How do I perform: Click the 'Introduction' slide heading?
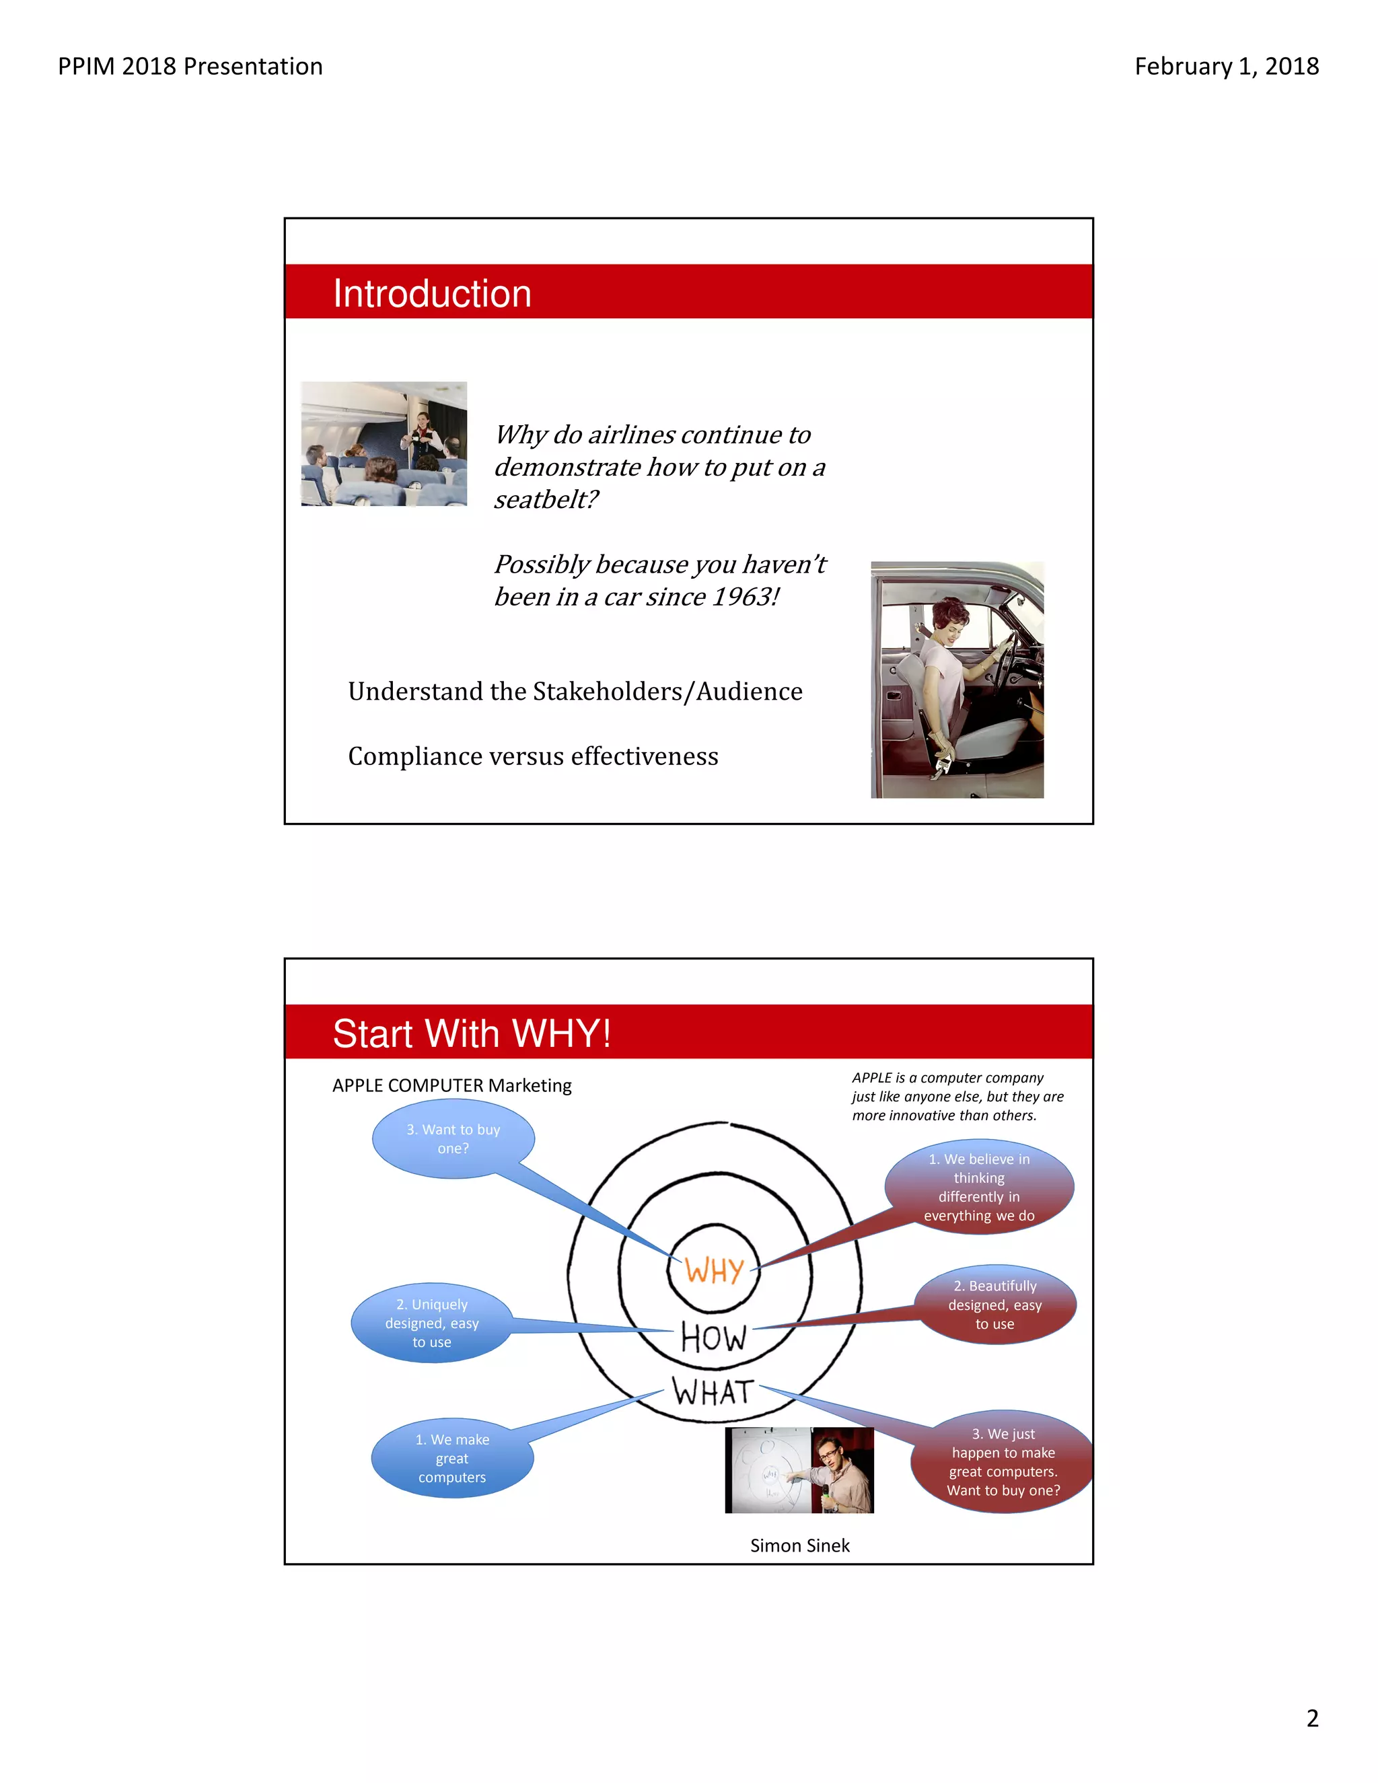click(x=432, y=294)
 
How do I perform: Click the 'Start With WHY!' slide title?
click(x=472, y=1033)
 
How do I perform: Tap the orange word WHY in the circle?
click(x=715, y=1270)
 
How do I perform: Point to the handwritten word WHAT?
click(x=712, y=1393)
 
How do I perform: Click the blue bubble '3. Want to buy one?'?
click(x=453, y=1139)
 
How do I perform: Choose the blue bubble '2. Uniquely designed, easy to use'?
click(x=432, y=1323)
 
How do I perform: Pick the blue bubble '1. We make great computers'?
click(x=452, y=1459)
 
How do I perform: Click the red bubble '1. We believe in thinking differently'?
click(x=979, y=1187)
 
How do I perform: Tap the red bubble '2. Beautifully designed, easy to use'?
click(x=994, y=1305)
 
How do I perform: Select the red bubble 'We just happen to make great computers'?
click(x=1003, y=1462)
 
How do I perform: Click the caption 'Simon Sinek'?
click(x=800, y=1545)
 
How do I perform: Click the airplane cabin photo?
click(x=384, y=443)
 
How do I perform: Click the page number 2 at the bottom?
click(x=1312, y=1718)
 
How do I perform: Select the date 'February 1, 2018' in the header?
click(x=1226, y=66)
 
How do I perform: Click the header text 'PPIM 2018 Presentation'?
click(x=190, y=66)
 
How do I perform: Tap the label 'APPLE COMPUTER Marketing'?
click(x=451, y=1086)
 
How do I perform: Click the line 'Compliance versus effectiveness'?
click(x=533, y=756)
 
